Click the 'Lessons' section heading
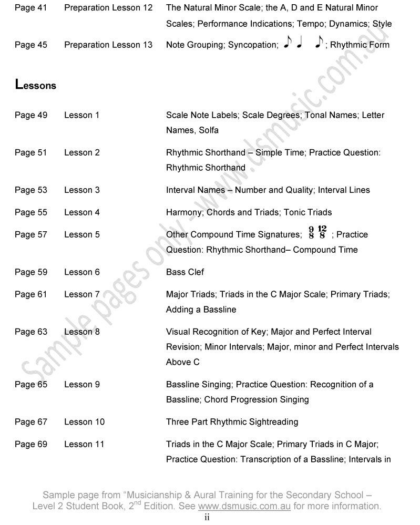[36, 84]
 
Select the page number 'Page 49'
[31, 115]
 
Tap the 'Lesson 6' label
[81, 272]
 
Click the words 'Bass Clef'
[185, 272]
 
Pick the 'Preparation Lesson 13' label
[108, 45]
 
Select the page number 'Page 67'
[31, 422]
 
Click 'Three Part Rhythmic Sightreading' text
[232, 422]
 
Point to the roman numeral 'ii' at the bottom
[207, 518]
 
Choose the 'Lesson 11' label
[84, 445]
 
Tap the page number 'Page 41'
[31, 8]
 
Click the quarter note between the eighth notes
[300, 44]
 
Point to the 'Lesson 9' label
[81, 385]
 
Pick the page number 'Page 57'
[31, 235]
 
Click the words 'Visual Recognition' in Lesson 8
[200, 332]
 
